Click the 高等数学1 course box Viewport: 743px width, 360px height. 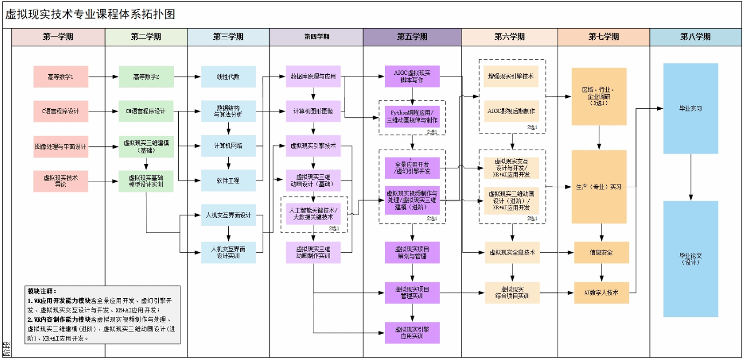point(60,77)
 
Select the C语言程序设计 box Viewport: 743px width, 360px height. point(60,111)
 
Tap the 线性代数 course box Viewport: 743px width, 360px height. point(228,77)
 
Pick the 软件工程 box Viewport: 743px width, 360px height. point(228,180)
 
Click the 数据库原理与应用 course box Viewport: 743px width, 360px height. point(313,76)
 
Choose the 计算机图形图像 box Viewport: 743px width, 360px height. point(313,111)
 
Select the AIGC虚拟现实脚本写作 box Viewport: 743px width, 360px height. point(412,76)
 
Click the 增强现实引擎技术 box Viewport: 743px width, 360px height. point(511,76)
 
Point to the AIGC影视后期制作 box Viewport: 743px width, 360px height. point(511,111)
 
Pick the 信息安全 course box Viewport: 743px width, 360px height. point(601,252)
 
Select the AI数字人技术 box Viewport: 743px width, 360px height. point(601,293)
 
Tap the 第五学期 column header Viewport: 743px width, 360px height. point(412,37)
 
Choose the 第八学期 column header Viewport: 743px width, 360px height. point(695,37)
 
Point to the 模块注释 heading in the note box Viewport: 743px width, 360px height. point(42,291)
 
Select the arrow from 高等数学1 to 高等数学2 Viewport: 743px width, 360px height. point(103,77)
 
